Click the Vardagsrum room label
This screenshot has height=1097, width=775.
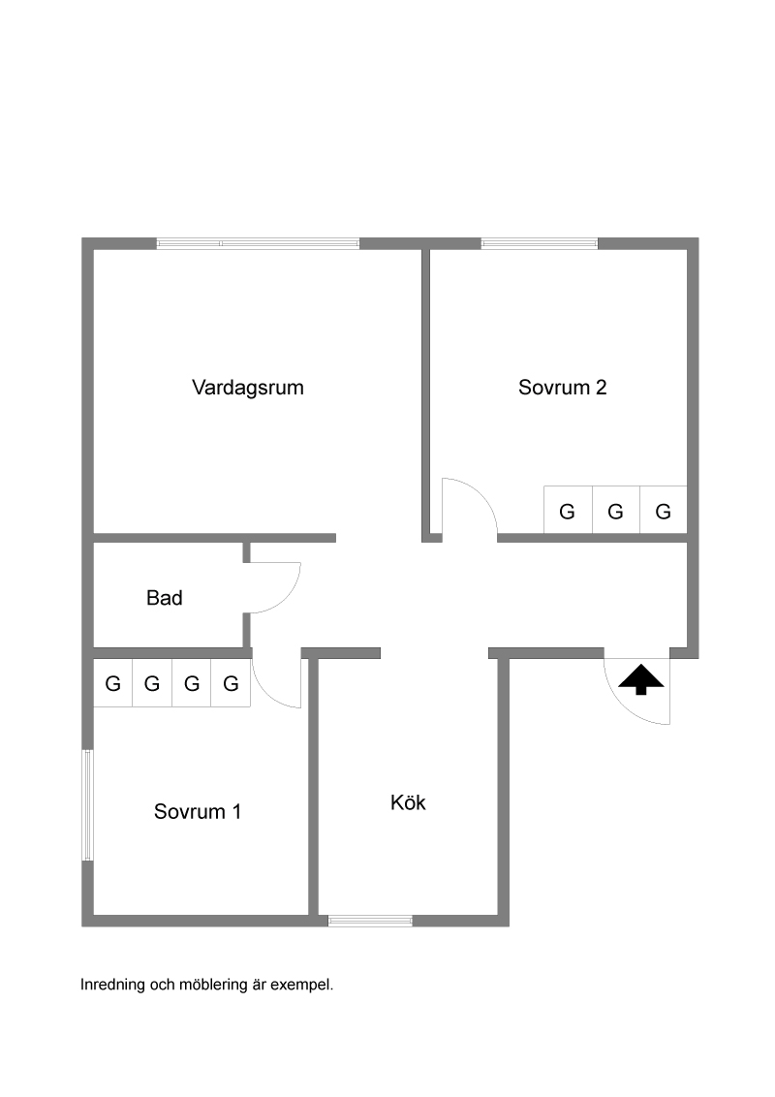pyautogui.click(x=248, y=388)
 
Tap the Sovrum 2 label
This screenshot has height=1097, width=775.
pyautogui.click(x=563, y=388)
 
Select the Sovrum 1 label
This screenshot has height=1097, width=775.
pyautogui.click(x=198, y=811)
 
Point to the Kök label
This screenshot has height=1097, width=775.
pyautogui.click(x=408, y=802)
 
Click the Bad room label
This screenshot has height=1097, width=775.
pyautogui.click(x=165, y=598)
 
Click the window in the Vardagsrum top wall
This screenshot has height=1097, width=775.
pyautogui.click(x=258, y=243)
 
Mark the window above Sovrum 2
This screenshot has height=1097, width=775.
pyautogui.click(x=540, y=243)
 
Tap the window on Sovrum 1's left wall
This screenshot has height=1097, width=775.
pyautogui.click(x=87, y=804)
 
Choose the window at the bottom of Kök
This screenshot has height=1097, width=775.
pyautogui.click(x=370, y=921)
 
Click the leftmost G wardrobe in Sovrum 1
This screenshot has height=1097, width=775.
pyautogui.click(x=113, y=684)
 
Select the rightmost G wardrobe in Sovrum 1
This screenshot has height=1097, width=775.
pyautogui.click(x=231, y=684)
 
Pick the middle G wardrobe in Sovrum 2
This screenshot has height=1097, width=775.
pyautogui.click(x=615, y=512)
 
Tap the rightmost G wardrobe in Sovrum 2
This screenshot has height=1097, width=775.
pyautogui.click(x=664, y=512)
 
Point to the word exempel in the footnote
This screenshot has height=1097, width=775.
pyautogui.click(x=305, y=985)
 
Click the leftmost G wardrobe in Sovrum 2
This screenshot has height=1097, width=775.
pyautogui.click(x=568, y=512)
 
